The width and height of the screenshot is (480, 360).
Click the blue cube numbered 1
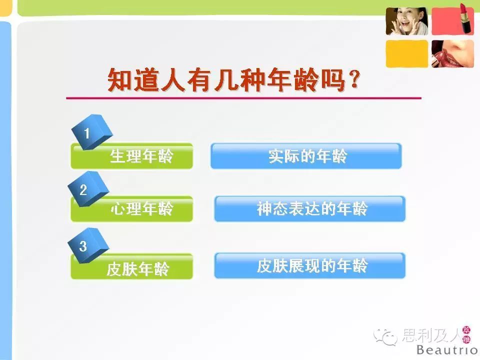[x=92, y=132]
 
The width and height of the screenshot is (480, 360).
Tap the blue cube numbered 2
[x=88, y=188]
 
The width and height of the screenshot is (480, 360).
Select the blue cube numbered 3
[x=88, y=245]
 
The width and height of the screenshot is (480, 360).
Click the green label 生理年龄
[x=131, y=156]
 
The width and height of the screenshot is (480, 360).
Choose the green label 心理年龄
[x=131, y=209]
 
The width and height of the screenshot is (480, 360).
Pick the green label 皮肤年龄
[x=131, y=266]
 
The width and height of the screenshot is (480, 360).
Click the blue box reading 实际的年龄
[x=306, y=156]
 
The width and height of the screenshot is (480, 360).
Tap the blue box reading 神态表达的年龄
[x=310, y=209]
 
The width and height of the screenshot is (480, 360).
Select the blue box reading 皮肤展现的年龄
[x=310, y=265]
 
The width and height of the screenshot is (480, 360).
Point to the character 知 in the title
[x=119, y=79]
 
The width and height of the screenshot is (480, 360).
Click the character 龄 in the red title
[x=306, y=79]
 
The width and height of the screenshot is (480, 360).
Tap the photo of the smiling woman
[x=407, y=21]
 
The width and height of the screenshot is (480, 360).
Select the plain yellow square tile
[x=407, y=53]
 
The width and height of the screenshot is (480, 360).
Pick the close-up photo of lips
[x=453, y=53]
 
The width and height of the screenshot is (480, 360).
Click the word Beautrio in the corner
[x=447, y=349]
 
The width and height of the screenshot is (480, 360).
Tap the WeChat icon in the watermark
[x=385, y=336]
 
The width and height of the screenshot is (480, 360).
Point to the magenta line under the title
[x=243, y=98]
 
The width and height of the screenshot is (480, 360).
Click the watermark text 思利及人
[x=431, y=335]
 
